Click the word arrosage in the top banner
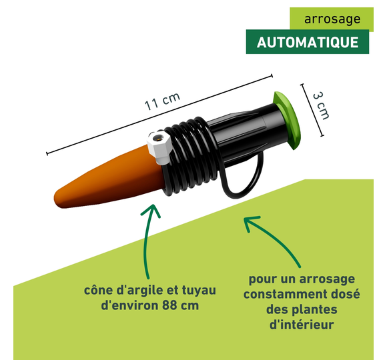point(332,19)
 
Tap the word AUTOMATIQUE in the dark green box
point(308,42)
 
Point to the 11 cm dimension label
point(162,101)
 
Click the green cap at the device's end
point(288,120)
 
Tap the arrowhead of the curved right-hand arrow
point(250,222)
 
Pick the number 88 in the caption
point(170,305)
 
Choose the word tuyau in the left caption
point(199,290)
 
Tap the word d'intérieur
point(302,324)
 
